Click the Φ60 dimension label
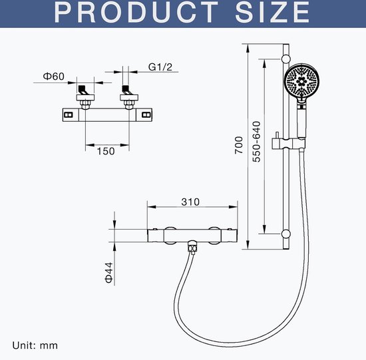coord(53,77)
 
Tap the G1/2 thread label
coord(160,67)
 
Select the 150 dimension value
coord(106,151)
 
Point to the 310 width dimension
coord(190,202)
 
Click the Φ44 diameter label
coord(109,272)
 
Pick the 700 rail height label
coord(238,145)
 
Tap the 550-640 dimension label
coord(256,142)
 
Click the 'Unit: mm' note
coord(35,345)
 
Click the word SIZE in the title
coord(272,12)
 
